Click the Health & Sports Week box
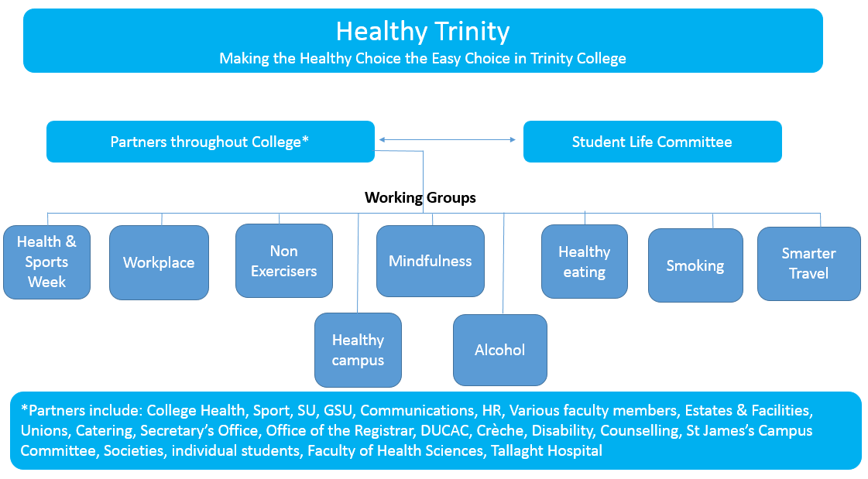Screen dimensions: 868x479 [46, 262]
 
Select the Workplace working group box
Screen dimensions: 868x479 [159, 263]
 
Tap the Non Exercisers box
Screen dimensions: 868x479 [284, 261]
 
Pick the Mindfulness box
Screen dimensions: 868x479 [430, 261]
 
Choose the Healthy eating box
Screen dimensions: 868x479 [585, 262]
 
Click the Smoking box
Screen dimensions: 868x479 [695, 265]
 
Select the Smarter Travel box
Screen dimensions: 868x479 [809, 264]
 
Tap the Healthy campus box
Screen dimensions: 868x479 [359, 350]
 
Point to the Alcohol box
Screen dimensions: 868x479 [500, 350]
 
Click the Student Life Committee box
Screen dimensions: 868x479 [653, 142]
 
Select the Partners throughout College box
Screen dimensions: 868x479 [211, 142]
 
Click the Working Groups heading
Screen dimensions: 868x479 [420, 197]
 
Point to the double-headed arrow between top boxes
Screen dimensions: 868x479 [448, 140]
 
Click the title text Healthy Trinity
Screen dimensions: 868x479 [422, 31]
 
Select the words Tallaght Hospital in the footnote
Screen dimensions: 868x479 [547, 451]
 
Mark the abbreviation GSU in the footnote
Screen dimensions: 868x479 [338, 410]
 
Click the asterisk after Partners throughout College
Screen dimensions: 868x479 [305, 139]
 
